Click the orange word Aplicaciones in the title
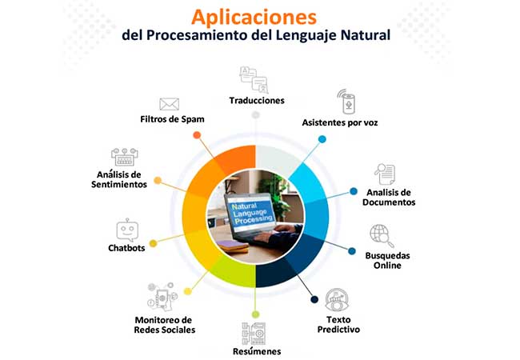254,18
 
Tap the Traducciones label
257,101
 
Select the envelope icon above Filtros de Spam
169,104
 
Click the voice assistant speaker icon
346,102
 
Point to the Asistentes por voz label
339,122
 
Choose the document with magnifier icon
385,174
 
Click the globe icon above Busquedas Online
382,236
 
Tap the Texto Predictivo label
338,325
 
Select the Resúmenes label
257,351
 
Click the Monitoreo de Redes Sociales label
165,325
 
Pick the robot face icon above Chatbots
127,230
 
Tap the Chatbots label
126,248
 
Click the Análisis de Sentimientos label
119,179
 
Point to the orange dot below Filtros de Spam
197,135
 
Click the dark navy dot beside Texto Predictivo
314,300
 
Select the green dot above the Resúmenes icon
255,314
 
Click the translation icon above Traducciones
254,80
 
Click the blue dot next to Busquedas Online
352,251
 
